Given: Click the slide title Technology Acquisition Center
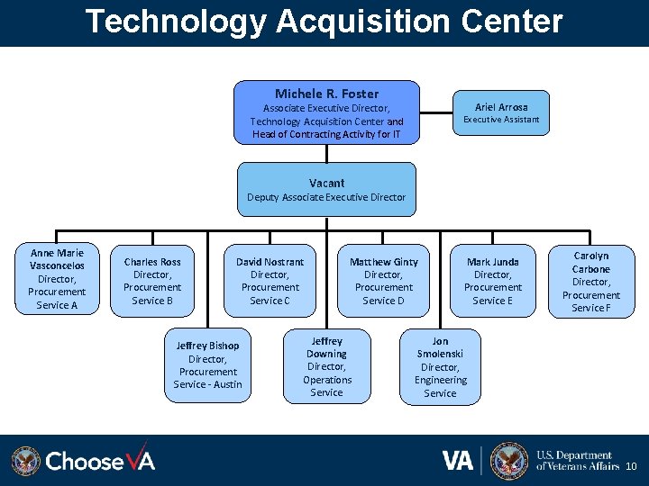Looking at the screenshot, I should pos(324,21).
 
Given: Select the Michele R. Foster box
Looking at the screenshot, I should pos(326,112).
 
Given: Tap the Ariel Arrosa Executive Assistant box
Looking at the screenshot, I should pos(501,112).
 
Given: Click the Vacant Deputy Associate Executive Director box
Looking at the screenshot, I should pos(326,189).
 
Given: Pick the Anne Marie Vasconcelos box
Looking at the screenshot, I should pos(56,279).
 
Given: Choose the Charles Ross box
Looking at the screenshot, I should pos(152,281).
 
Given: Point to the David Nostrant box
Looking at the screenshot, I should pos(270,281).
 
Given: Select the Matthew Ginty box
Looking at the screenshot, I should pos(384,281).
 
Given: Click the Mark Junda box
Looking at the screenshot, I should pos(492,281).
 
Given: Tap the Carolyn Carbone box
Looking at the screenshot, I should pos(591,282).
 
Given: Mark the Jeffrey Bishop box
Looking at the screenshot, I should pos(208,364).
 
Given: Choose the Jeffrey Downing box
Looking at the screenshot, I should pos(326,366).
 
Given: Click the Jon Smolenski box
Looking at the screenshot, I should pos(440,366).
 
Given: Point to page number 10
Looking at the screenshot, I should pos(631,466).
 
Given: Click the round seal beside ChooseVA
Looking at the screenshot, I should pos(26,461).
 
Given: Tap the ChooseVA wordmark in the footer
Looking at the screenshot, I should pos(100,461).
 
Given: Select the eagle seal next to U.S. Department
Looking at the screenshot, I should pos(509,460).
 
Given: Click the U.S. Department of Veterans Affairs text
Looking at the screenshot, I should pos(578,461).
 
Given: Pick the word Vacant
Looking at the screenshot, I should pos(326,183).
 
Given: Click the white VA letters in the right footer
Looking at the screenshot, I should pos(458,461).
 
